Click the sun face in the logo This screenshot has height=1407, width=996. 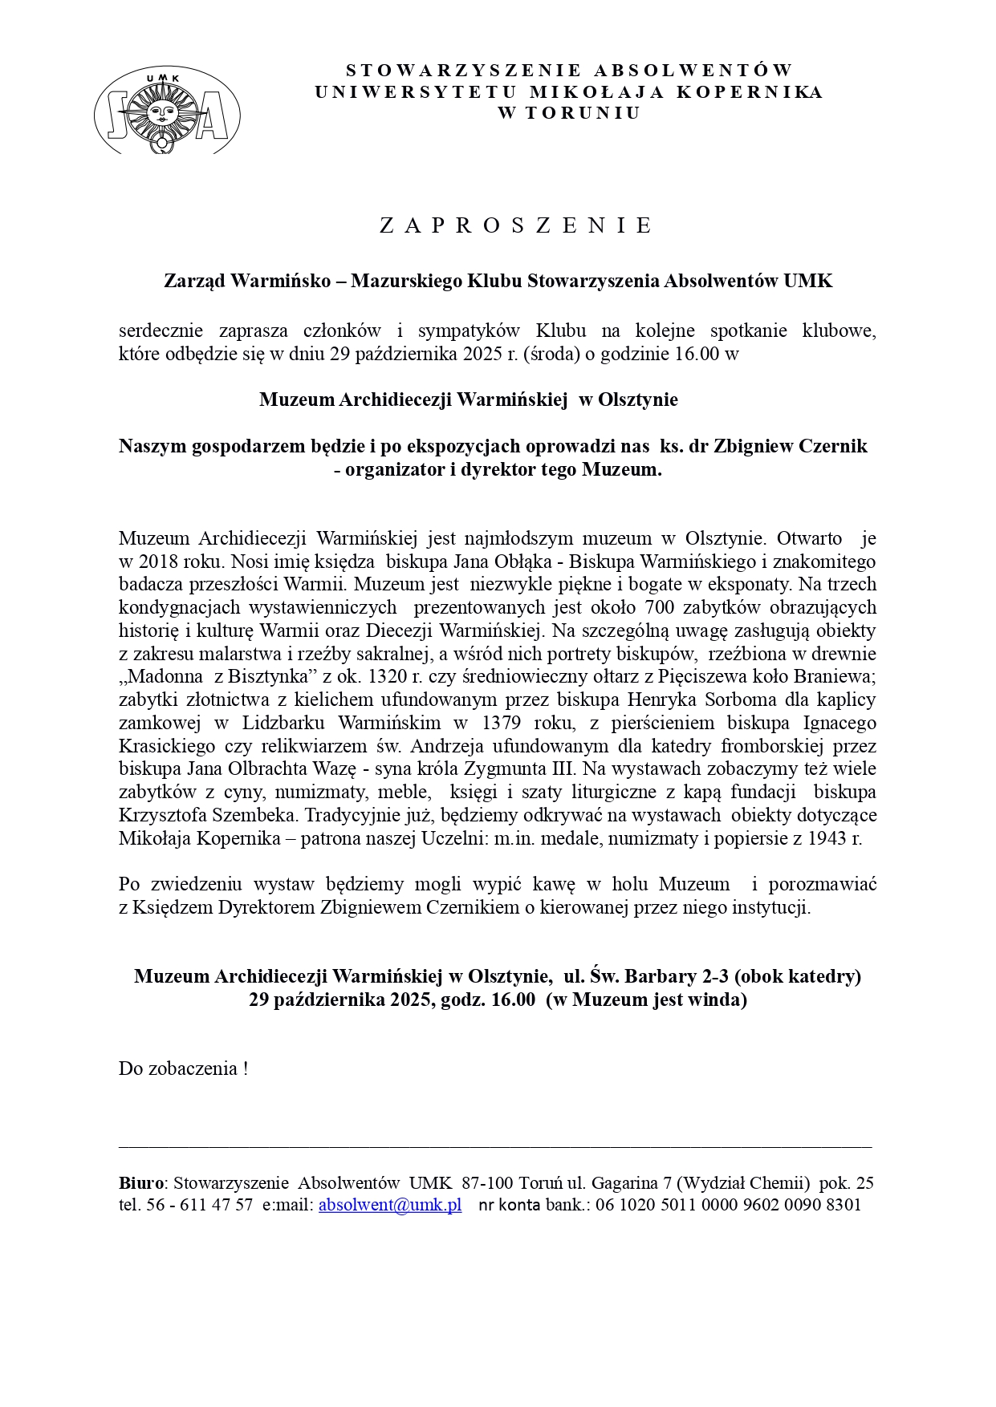[166, 110]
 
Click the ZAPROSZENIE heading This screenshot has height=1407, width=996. [515, 225]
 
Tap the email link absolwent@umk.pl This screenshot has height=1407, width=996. [390, 1205]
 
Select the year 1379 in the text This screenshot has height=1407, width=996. [502, 723]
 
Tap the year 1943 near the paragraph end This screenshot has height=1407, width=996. [829, 839]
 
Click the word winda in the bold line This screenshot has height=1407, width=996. [719, 999]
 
